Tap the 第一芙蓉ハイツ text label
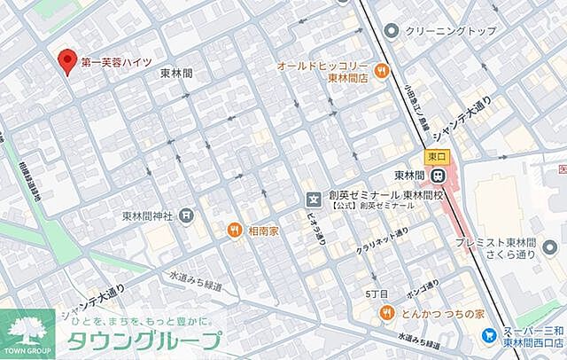116,62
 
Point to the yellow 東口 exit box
437,156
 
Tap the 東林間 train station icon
438,176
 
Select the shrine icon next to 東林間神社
185,215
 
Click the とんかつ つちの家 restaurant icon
387,313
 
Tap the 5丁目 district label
377,293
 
